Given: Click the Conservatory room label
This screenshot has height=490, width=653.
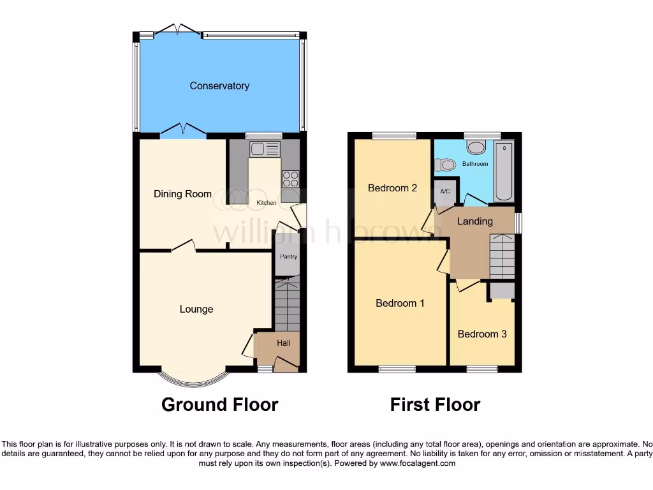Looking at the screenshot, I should coord(219,85).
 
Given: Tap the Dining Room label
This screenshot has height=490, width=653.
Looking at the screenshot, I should coord(182,194).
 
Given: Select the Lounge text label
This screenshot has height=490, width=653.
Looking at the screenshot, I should coord(196,309).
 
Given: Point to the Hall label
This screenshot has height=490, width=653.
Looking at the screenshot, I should coord(283,343).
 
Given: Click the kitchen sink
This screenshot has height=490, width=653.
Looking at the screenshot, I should coord(265,149).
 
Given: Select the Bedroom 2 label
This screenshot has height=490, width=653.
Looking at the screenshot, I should coord(392,188).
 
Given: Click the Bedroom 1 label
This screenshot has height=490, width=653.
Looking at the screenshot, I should coord(400,304).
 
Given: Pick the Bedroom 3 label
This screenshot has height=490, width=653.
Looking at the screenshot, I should coord(482,334).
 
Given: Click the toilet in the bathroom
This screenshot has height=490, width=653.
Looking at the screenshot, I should coord(446,165).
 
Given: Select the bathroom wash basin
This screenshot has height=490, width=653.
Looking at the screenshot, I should coord(475,147).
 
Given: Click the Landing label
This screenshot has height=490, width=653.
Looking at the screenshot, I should coord(475,221).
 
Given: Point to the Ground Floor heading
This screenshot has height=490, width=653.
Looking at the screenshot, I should coord(219,405).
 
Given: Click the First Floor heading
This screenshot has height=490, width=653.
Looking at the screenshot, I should coord(435,405).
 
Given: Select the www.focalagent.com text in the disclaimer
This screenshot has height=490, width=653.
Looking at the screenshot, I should coord(418,463).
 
